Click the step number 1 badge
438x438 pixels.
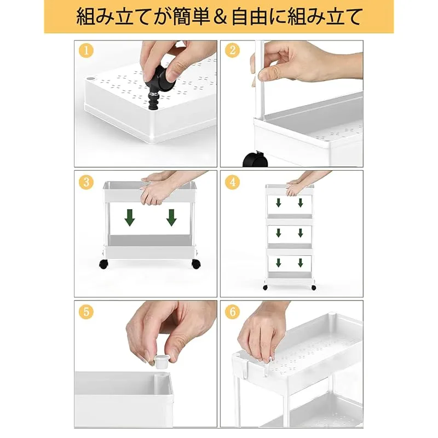coord(86,51)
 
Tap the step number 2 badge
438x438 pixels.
coord(232,50)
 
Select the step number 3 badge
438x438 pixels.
coord(86,182)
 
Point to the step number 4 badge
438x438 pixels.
coord(232,182)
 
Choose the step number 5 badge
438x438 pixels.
coord(86,312)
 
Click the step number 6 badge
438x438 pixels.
coord(232,312)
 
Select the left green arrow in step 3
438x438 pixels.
coord(130,217)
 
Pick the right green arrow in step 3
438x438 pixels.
coord(171,217)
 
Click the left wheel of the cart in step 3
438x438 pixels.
coord(103,264)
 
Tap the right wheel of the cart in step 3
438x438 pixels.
coord(196,264)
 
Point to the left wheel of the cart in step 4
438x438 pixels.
coord(265,287)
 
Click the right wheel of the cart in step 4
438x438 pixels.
coord(314,287)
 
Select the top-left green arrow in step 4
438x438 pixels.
coord(279,203)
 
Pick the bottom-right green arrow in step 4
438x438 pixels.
coord(301,263)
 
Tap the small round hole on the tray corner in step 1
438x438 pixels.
coord(90,78)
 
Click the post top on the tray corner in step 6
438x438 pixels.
coord(331,315)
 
